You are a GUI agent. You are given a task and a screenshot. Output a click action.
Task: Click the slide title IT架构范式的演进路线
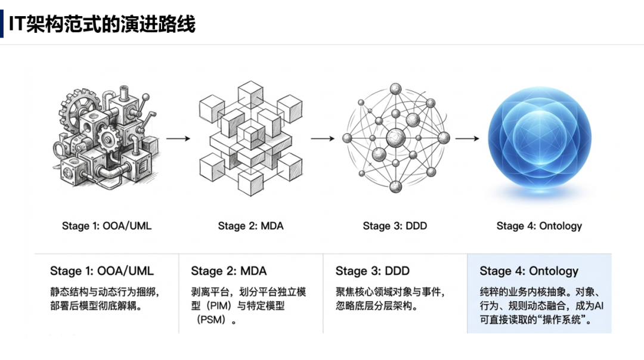click(x=102, y=24)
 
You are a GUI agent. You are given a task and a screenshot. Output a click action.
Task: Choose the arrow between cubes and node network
click(x=323, y=138)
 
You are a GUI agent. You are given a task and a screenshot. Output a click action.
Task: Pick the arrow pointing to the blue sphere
click(x=467, y=138)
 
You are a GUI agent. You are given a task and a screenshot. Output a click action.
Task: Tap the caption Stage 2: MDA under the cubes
click(x=250, y=226)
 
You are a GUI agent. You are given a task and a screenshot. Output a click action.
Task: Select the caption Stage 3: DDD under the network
click(x=395, y=226)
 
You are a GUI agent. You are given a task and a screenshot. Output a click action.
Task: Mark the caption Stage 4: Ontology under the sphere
click(x=539, y=226)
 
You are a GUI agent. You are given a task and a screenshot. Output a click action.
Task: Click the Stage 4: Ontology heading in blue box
click(x=529, y=271)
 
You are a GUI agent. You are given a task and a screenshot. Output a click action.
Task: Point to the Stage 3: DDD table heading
click(x=373, y=271)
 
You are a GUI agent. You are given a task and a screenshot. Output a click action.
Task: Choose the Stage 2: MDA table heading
click(x=229, y=271)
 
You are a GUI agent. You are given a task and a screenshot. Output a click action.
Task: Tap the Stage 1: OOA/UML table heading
click(x=102, y=271)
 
